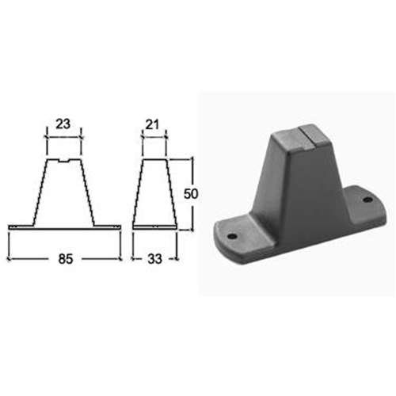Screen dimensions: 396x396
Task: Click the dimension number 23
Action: (x=63, y=124)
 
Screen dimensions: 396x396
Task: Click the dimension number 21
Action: (x=153, y=124)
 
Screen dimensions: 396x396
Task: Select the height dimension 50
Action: (x=191, y=194)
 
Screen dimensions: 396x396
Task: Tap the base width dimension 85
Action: (x=66, y=259)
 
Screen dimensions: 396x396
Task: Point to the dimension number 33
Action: (x=154, y=259)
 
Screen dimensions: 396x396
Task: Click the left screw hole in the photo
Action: (x=232, y=236)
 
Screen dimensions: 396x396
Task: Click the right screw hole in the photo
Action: (x=367, y=200)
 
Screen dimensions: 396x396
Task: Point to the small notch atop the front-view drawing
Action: (x=63, y=161)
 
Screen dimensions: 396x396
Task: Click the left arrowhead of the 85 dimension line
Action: (x=9, y=259)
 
